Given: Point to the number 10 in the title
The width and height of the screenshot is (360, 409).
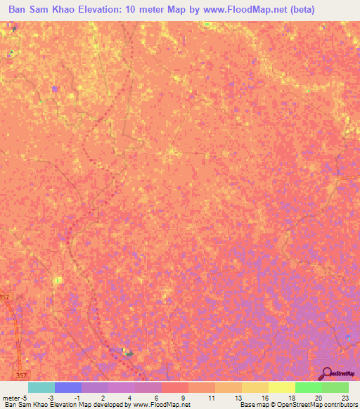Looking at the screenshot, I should click(159, 10).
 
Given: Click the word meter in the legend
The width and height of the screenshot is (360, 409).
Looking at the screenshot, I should click(11, 397).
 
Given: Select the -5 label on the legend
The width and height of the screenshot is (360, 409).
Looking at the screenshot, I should click(25, 397).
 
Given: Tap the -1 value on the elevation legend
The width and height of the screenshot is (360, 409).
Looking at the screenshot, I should click(78, 397).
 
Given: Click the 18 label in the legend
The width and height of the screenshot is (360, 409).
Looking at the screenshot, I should click(292, 397).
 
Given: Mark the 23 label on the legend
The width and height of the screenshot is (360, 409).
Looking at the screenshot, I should click(345, 397).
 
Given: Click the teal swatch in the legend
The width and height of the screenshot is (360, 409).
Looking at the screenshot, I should click(41, 387).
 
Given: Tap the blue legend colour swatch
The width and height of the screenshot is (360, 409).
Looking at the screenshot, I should click(67, 387).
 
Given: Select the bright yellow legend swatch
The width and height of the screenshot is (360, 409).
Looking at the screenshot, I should click(281, 387).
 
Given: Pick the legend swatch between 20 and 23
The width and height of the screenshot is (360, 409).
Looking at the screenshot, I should click(335, 387).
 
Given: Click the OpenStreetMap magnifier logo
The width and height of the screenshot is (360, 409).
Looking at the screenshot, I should click(327, 373).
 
